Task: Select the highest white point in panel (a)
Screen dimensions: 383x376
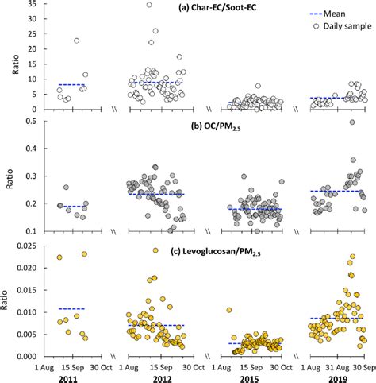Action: tap(148, 5)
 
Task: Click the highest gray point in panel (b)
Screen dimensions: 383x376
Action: tap(352, 122)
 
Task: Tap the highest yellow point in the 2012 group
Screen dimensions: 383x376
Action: tap(155, 251)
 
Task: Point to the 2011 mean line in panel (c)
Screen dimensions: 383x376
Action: tap(71, 308)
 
